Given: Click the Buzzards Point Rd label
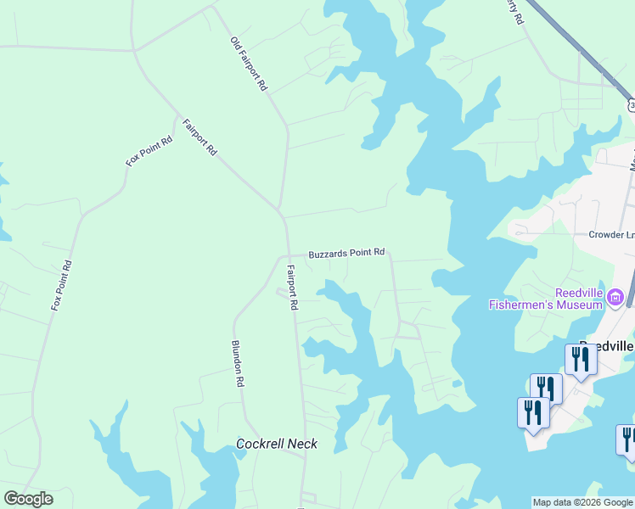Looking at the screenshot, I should (346, 253).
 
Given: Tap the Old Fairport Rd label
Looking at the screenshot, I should (249, 64).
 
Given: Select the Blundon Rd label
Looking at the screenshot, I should (238, 364).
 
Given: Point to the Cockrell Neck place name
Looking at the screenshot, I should (277, 444).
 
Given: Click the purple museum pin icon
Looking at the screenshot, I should (615, 297).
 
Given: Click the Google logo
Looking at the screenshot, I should (28, 499).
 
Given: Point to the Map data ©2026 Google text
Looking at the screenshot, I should (582, 502).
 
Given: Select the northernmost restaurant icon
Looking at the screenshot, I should (581, 359).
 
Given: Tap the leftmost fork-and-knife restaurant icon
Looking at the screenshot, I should (532, 413).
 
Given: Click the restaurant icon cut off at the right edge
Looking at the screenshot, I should (627, 439).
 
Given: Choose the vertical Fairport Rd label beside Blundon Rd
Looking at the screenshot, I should (292, 287).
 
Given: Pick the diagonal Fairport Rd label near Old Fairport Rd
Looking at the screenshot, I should (199, 137).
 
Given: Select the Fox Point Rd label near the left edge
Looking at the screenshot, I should (61, 284).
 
